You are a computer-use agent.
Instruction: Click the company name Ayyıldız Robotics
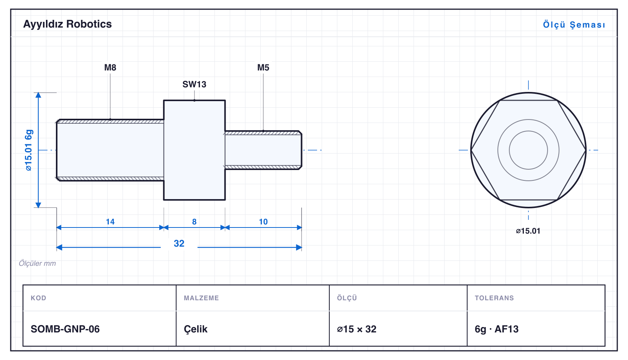pos(67,24)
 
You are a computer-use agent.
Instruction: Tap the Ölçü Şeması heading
pos(574,25)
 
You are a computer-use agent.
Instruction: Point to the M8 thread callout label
pos(110,67)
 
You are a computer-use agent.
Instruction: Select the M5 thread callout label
pos(263,67)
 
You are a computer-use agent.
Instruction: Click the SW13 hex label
pos(194,84)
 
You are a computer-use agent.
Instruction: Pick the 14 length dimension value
pos(110,222)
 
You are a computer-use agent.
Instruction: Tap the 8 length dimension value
pos(194,222)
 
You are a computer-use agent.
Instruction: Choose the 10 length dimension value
pos(263,222)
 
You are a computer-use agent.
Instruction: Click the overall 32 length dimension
pos(179,243)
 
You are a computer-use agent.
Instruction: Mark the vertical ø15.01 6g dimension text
pos(29,150)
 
